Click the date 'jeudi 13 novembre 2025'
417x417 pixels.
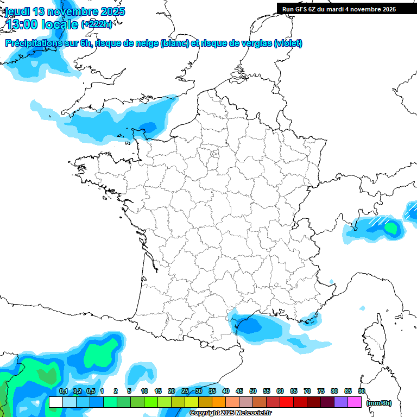pyautogui.click(x=65, y=11)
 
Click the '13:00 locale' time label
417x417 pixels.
pyautogui.click(x=42, y=24)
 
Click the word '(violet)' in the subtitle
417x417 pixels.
pyautogui.click(x=288, y=43)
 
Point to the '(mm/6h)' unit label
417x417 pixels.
pyautogui.click(x=379, y=402)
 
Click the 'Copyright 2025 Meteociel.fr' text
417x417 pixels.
pyautogui.click(x=230, y=413)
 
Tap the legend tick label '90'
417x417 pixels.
pyautogui.click(x=362, y=391)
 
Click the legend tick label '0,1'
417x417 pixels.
pyautogui.click(x=63, y=391)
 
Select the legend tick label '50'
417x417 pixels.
pyautogui.click(x=253, y=391)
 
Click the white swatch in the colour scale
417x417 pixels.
pyautogui.click(x=55, y=402)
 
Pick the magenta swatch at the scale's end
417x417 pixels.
pyautogui.click(x=355, y=402)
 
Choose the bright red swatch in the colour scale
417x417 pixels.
pyautogui.click(x=287, y=402)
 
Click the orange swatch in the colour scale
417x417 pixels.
pyautogui.click(x=219, y=402)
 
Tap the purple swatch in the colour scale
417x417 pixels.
pyautogui.click(x=341, y=402)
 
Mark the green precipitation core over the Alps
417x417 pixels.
pyautogui.click(x=390, y=228)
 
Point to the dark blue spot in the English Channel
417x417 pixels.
pyautogui.click(x=147, y=127)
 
